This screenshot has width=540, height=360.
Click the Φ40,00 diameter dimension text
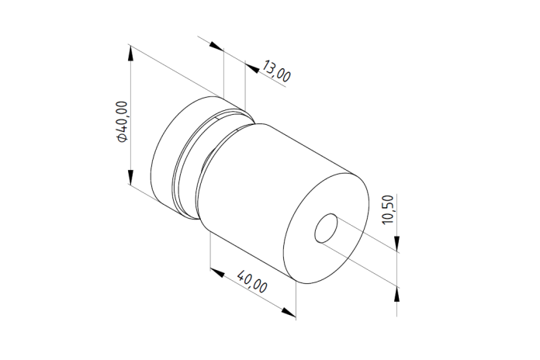coord(123,121)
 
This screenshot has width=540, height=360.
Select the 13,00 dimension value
coord(276,71)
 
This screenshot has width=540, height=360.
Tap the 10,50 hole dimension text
coord(388,209)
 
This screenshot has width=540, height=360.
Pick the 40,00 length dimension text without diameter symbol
coord(252,282)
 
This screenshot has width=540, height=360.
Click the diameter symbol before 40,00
coord(123,138)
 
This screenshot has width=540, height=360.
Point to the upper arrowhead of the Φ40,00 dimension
coord(130,53)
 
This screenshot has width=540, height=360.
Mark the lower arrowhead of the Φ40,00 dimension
coord(130,177)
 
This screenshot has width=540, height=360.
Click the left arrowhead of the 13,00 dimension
coord(216,46)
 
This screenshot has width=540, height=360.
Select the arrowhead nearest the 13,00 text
coord(252,68)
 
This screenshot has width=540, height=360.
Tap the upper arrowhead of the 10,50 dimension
coord(396,243)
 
